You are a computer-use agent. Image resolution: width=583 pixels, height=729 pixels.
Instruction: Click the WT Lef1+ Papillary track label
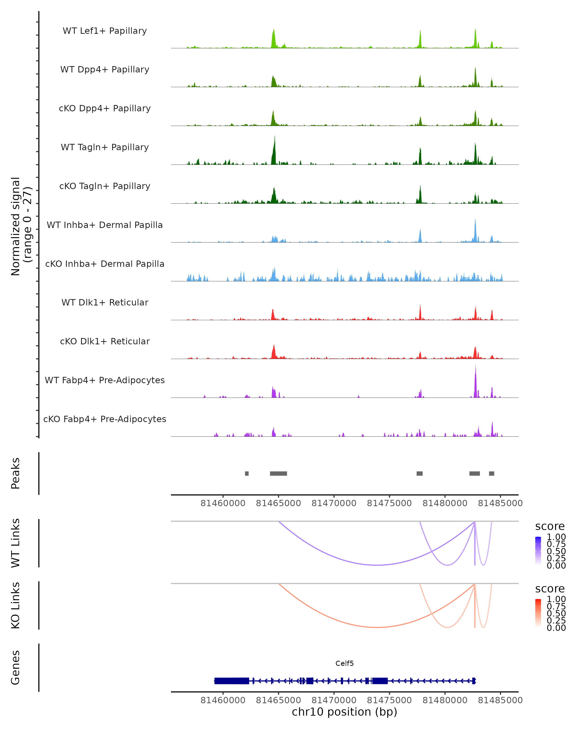105,31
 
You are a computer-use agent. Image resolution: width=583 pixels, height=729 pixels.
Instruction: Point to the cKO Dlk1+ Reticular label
105,341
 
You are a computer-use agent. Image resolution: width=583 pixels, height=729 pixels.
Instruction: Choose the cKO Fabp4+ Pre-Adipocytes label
105,419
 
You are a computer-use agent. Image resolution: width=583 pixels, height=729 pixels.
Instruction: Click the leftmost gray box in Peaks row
247,473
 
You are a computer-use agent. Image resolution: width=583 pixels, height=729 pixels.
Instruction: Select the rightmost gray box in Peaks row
491,473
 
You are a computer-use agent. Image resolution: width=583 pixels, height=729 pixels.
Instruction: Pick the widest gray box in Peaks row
278,473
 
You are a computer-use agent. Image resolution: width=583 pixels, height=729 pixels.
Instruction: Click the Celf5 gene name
344,663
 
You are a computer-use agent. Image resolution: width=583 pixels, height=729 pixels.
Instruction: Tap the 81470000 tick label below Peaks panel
334,503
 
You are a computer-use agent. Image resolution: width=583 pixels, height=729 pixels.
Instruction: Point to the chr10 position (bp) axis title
344,712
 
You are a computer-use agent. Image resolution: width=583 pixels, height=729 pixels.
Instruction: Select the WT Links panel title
16,543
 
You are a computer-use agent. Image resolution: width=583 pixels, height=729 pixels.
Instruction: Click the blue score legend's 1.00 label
556,537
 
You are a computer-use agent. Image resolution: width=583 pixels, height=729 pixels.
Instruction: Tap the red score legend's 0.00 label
556,628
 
